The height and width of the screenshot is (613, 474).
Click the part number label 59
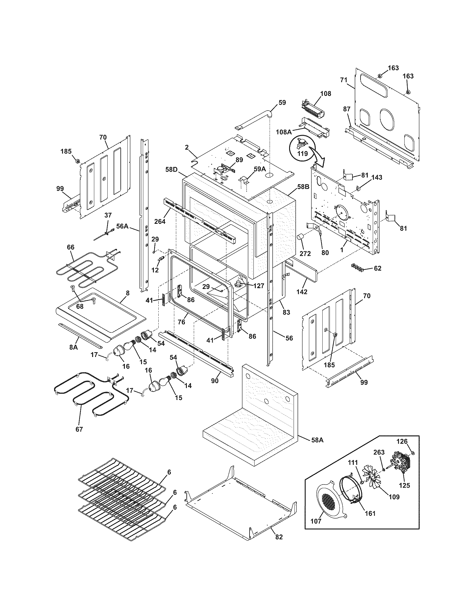pos(282,103)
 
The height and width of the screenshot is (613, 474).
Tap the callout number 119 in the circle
pos(303,154)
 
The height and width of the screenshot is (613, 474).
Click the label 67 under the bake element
pos(79,429)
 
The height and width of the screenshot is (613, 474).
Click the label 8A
pos(74,347)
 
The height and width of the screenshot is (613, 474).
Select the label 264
pos(159,221)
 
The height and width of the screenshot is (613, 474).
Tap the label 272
pos(305,254)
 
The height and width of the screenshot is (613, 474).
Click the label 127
pos(258,286)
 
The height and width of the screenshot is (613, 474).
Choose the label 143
pos(377,177)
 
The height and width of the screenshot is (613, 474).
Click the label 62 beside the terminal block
pos(378,268)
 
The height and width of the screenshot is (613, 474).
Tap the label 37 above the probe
pos(108,215)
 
